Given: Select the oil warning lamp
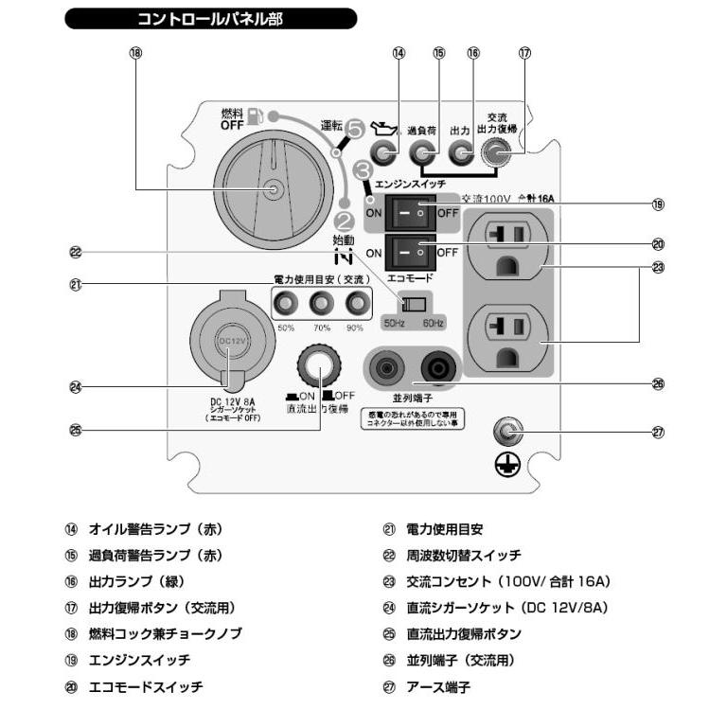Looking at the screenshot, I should pos(384,152).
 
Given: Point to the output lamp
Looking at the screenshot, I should pos(461,152).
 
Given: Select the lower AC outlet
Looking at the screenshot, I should pos(504,334).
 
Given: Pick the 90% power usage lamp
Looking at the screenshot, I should pos(356,304).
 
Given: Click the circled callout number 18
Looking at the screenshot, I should pos(134,54).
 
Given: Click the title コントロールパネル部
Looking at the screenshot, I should pos(210,18).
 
